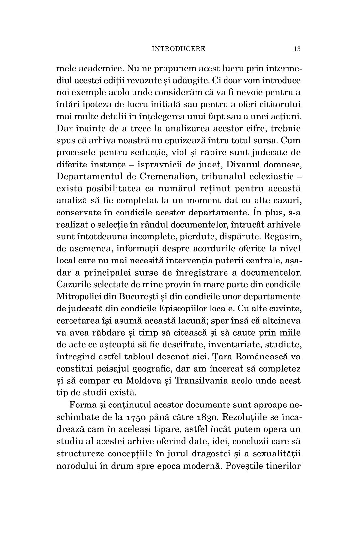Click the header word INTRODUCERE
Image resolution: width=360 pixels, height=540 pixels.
click(x=179, y=49)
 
